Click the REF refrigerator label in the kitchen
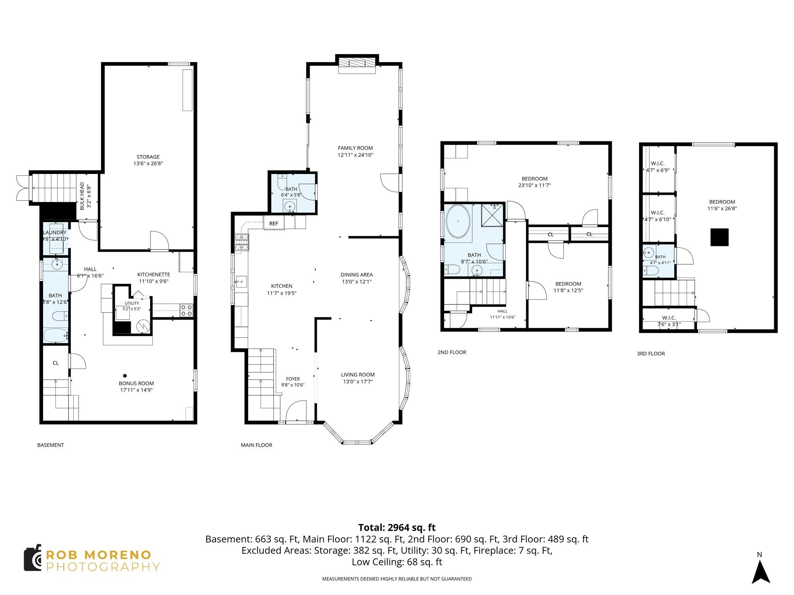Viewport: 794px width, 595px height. click(x=274, y=224)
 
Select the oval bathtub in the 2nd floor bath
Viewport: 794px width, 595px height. click(x=458, y=222)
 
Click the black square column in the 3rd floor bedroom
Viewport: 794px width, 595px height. click(x=719, y=237)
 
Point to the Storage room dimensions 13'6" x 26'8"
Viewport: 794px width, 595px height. click(x=148, y=163)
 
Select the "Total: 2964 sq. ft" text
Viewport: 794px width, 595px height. click(x=397, y=528)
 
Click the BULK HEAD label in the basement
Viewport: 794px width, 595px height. click(x=82, y=196)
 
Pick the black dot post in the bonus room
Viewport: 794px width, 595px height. click(x=125, y=375)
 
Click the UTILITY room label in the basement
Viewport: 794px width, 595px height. click(x=132, y=303)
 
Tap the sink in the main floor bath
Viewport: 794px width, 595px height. click(x=290, y=207)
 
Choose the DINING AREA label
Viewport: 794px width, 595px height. click(x=357, y=275)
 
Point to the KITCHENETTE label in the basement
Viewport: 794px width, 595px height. click(x=154, y=274)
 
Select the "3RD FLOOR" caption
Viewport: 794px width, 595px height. click(x=651, y=354)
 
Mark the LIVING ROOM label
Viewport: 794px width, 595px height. click(x=358, y=375)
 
